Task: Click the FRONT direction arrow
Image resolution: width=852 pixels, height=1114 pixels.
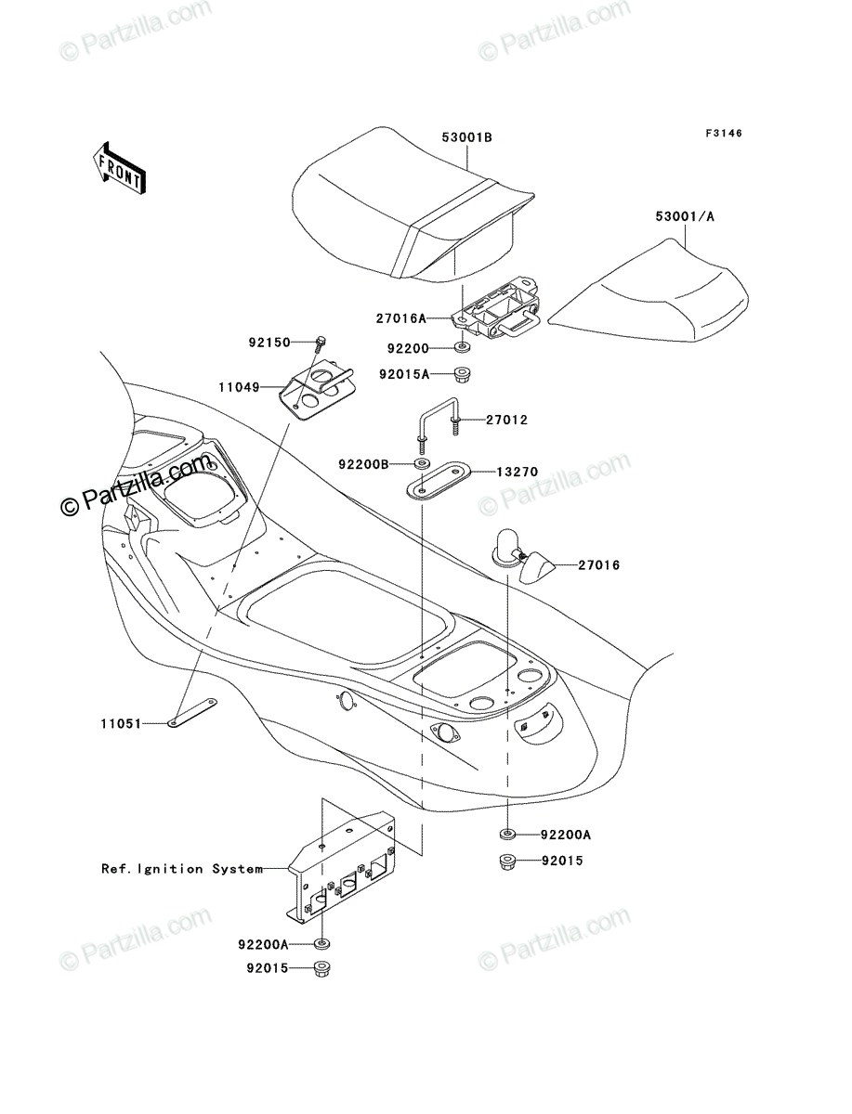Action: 119,168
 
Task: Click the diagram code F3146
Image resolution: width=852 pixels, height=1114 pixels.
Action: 724,133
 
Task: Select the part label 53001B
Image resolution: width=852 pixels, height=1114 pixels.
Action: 466,137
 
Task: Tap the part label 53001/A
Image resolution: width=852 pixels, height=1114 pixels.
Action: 685,216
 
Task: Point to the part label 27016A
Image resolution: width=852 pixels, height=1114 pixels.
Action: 401,318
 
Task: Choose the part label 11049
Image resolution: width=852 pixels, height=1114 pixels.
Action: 239,388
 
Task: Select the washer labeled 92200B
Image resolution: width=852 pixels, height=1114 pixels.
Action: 420,463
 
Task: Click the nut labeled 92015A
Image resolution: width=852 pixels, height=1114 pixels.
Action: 461,376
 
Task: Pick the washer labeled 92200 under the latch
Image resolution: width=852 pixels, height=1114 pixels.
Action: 462,348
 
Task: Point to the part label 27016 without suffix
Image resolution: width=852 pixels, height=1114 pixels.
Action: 599,564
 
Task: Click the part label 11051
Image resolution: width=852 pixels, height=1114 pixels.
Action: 121,724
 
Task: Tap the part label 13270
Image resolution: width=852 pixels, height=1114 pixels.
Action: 517,472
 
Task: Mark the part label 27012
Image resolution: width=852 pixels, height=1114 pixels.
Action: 506,421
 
